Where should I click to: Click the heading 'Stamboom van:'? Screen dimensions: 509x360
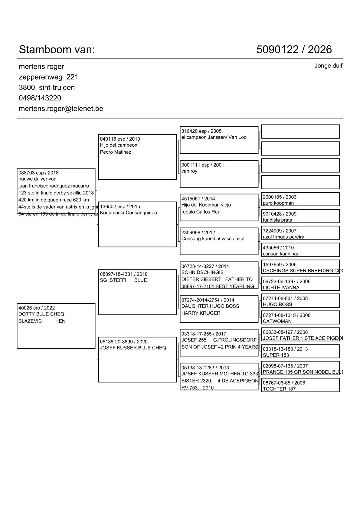(x=57, y=50)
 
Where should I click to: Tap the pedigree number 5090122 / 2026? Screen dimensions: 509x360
(x=294, y=50)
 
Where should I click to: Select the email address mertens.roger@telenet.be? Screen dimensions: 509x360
(x=61, y=109)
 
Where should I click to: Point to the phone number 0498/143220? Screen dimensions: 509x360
(x=40, y=98)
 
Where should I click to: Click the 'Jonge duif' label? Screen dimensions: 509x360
(x=328, y=66)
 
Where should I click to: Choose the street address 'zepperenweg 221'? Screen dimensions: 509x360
(x=48, y=77)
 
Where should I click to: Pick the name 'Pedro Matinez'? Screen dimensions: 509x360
(x=116, y=152)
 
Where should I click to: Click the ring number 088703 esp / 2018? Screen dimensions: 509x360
(x=38, y=173)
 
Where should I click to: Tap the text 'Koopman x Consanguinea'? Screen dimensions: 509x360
(x=128, y=213)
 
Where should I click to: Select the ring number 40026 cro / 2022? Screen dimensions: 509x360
(x=37, y=308)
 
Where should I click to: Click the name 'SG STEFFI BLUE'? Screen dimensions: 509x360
(x=123, y=280)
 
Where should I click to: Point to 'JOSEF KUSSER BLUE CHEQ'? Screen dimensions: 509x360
(x=133, y=348)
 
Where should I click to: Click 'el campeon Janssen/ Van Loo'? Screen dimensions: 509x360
(x=214, y=137)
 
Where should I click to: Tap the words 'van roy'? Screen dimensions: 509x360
(x=189, y=171)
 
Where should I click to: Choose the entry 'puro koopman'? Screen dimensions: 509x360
(x=278, y=203)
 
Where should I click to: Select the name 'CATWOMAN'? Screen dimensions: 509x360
(x=277, y=321)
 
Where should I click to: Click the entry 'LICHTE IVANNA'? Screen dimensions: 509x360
(x=281, y=288)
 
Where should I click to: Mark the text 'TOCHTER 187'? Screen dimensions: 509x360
(x=279, y=389)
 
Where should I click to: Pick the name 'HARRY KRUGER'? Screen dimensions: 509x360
(x=201, y=313)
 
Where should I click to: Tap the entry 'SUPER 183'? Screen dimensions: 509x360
(x=276, y=355)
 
